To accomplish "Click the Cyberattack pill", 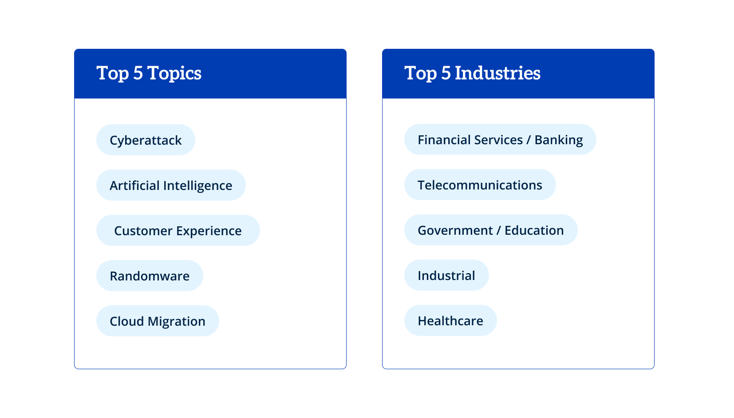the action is [146, 140].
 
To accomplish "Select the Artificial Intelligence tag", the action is [171, 185].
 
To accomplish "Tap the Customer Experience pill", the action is [178, 230].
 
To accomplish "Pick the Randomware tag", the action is [150, 276].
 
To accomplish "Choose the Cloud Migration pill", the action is [157, 321].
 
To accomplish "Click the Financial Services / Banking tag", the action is [500, 139].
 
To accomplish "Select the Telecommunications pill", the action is [480, 185].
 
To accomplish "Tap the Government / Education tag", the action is [490, 230].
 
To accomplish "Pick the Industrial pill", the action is [446, 275].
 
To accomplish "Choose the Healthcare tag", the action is [450, 320].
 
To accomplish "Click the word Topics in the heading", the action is [174, 73].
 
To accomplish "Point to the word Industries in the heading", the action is [497, 73].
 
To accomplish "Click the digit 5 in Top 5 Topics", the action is [138, 73].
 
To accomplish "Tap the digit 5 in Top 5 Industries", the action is [446, 73].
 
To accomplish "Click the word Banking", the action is [559, 140].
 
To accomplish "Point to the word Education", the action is [534, 230].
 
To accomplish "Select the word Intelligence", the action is [197, 186].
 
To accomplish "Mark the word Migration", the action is [176, 322].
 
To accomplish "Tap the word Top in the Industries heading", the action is [420, 73].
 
